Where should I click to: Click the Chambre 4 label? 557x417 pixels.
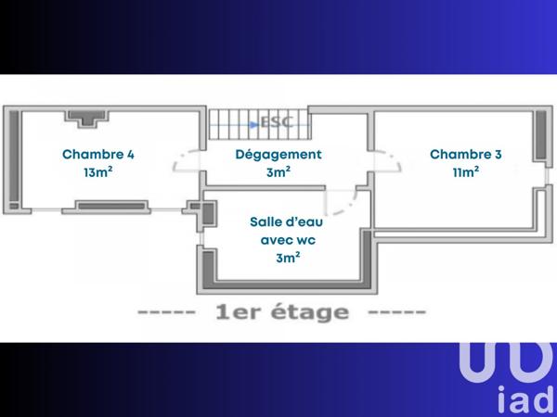click(98, 155)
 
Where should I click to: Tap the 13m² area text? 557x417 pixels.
click(98, 172)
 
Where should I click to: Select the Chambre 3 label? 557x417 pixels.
click(466, 155)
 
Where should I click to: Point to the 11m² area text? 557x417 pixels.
click(466, 172)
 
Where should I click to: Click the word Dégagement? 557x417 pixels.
click(278, 155)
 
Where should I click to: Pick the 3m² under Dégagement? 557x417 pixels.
click(278, 172)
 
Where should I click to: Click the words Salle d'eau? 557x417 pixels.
click(287, 222)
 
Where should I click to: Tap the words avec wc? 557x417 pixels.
click(287, 240)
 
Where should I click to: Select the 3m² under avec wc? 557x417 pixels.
click(287, 258)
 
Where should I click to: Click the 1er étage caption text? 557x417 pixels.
click(281, 312)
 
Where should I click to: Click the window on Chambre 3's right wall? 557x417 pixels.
click(541, 136)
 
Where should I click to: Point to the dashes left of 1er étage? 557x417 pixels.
click(166, 313)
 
